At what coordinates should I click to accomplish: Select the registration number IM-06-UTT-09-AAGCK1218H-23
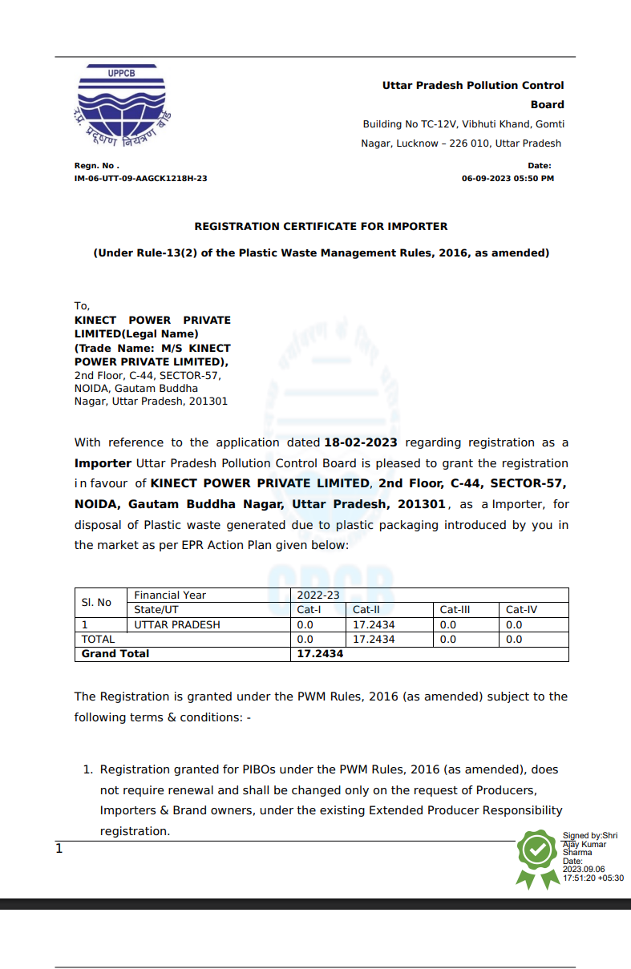coord(140,179)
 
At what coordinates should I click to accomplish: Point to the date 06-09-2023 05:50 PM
coord(508,179)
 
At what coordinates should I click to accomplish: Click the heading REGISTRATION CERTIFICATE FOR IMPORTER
coord(321,227)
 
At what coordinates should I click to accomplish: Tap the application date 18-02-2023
coord(361,442)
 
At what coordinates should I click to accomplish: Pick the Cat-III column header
coord(455,610)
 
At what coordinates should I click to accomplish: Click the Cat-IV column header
coord(521,610)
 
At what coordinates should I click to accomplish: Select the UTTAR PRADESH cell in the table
coord(176,624)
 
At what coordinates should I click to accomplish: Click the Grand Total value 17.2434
coord(320,654)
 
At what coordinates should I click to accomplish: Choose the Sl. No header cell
coord(97,603)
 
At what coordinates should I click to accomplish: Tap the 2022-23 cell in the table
coord(318,596)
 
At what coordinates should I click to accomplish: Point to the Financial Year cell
coord(170,596)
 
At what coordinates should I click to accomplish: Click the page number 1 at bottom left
coord(59,849)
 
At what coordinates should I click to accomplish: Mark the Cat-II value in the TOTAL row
coord(374,640)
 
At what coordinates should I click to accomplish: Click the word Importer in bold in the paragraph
coord(103,463)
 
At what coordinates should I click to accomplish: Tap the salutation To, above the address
coord(83,305)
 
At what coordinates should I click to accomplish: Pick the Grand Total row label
coord(115,654)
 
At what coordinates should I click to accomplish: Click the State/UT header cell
coord(156,610)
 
